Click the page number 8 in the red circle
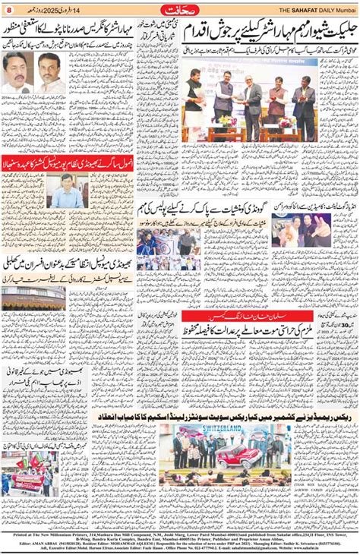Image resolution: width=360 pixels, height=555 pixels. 9,8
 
